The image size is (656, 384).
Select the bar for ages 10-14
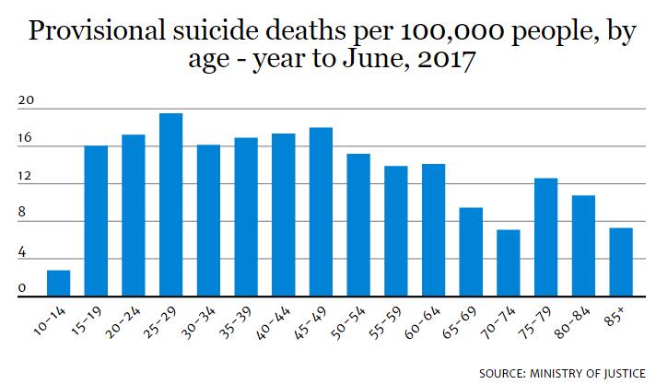[x=58, y=284]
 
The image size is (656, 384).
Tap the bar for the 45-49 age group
[x=321, y=212]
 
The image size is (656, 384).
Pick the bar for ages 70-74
[x=509, y=263]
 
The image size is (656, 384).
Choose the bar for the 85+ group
[x=621, y=262]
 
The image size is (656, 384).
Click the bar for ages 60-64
[x=433, y=230]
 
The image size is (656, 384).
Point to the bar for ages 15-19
[x=96, y=221]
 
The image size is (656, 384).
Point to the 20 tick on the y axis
[x=24, y=104]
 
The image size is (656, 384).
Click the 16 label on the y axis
[x=24, y=140]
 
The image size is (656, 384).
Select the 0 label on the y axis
[x=21, y=289]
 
